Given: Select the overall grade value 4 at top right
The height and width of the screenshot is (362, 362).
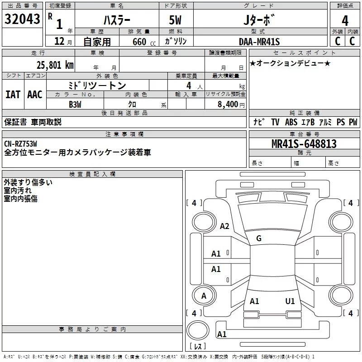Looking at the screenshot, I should [345, 21].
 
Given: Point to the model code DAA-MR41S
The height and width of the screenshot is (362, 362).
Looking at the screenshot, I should [259, 42].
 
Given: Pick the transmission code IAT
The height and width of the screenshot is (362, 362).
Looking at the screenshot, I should [13, 94].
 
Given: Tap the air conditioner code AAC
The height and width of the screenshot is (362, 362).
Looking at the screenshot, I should [34, 94].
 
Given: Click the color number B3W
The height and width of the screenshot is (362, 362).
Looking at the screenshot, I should [75, 104].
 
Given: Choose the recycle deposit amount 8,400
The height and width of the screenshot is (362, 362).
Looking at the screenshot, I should [227, 105].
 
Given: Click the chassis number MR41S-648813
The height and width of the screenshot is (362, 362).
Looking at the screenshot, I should [304, 144].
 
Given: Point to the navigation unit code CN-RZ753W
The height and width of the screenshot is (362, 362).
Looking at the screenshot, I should [21, 144].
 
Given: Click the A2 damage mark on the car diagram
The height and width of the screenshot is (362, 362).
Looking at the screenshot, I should [224, 226].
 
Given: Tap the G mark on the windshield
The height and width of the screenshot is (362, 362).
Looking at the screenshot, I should [259, 238].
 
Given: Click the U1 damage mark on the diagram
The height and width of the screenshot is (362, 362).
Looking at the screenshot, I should [290, 301].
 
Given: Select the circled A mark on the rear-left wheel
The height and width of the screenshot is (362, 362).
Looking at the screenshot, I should [204, 296].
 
